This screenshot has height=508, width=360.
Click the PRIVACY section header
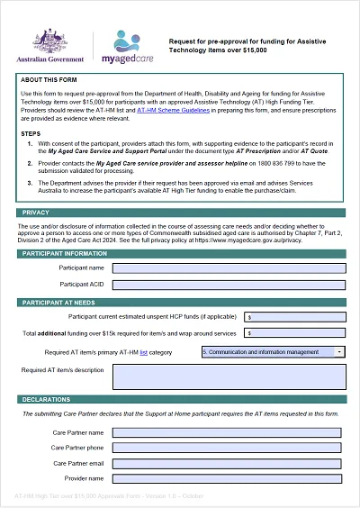click(37, 213)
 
